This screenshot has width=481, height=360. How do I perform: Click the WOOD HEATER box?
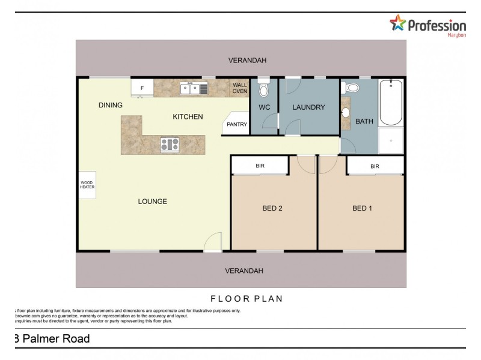87,184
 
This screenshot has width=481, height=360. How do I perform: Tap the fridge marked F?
142,88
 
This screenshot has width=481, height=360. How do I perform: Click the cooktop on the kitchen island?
170,143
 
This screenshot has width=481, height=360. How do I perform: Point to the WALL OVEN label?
240,88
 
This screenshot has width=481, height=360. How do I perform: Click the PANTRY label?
236,125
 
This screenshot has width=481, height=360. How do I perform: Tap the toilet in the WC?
263,89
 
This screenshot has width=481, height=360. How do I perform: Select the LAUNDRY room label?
308,108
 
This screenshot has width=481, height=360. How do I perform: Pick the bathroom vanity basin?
346,113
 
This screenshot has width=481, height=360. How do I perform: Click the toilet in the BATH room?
352,88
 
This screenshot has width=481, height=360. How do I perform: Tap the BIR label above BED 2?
260,166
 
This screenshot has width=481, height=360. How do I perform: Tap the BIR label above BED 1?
375,166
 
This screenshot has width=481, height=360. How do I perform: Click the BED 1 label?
362,209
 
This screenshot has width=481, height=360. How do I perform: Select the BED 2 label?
272,209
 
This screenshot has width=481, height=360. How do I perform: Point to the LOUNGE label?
152,202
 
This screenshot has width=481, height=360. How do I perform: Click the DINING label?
111,106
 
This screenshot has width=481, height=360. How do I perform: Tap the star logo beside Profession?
398,23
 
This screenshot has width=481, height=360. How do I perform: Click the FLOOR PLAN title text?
247,298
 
